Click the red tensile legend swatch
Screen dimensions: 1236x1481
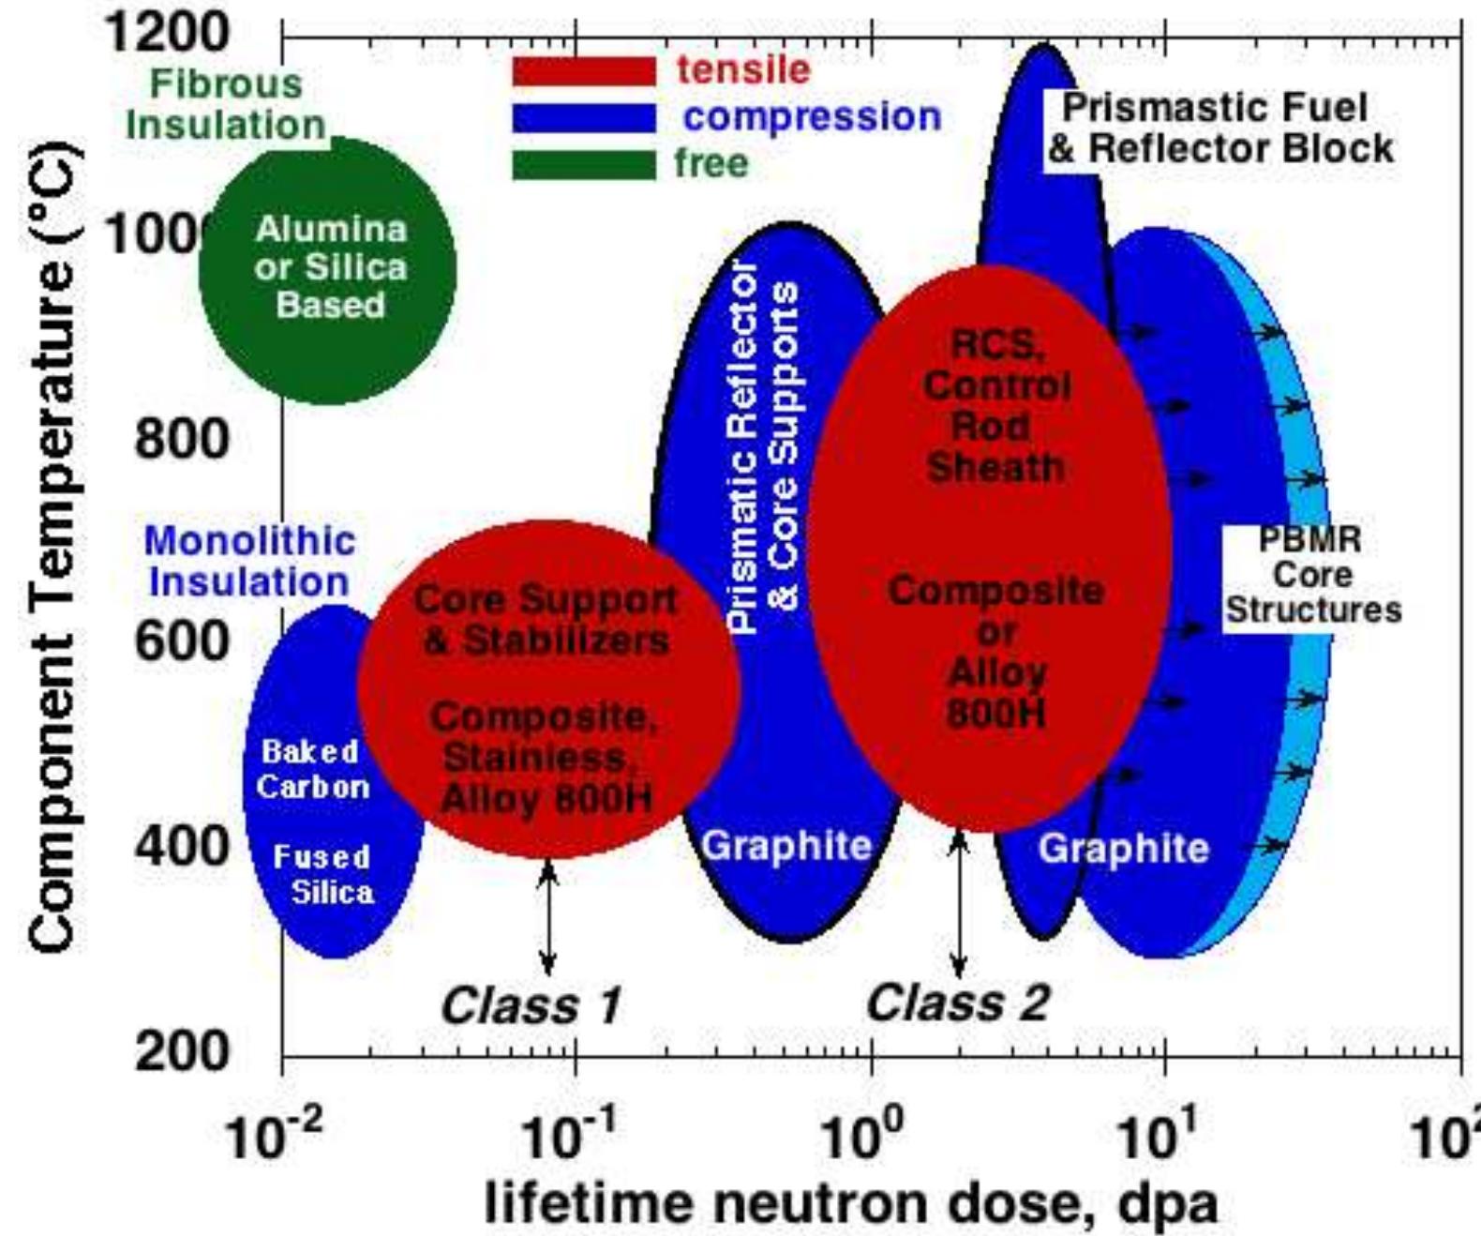583,71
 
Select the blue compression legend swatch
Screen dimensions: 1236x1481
583,118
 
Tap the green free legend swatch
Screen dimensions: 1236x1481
583,164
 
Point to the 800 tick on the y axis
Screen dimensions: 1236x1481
182,438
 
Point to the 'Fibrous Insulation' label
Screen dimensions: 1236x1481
226,104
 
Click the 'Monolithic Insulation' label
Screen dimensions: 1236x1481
249,561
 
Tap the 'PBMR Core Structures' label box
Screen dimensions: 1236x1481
1312,575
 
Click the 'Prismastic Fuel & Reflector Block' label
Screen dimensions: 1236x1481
1219,128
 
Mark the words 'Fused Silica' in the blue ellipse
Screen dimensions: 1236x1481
322,874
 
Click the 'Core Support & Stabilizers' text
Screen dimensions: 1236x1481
546,620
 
